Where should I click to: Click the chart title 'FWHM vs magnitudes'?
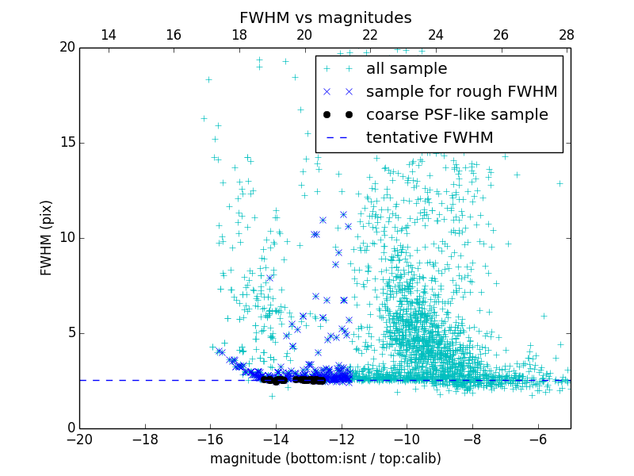(325, 17)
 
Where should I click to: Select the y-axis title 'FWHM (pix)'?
(47, 238)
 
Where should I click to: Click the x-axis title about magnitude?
(325, 459)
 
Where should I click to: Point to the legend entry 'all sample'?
(406, 69)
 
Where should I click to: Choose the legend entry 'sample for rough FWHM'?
(461, 92)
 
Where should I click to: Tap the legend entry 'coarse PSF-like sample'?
(456, 115)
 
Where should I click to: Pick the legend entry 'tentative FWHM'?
(430, 138)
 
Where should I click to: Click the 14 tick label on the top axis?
(109, 35)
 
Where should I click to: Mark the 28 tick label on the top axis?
(567, 35)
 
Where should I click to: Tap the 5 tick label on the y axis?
(70, 333)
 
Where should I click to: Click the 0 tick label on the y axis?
(70, 428)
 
